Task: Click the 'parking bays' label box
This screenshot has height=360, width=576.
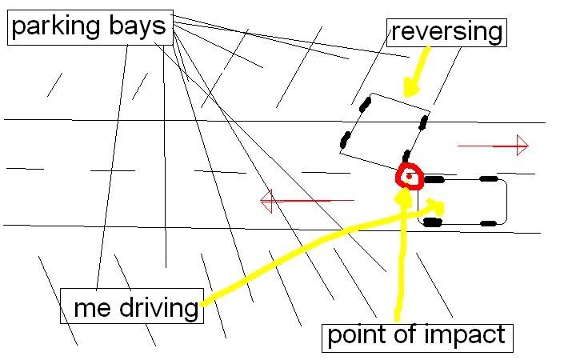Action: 90,27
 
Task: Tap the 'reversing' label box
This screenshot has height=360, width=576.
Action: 447,32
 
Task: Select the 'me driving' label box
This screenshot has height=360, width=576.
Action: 133,307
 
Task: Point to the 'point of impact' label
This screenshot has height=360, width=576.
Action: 416,334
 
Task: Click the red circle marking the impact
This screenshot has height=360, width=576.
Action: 409,176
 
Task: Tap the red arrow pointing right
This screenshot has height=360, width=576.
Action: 493,146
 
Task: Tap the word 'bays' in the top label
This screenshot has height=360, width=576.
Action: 137,27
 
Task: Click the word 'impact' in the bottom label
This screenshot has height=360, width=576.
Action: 467,334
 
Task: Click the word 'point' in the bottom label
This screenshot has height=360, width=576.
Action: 357,334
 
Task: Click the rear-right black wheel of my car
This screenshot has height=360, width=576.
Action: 487,221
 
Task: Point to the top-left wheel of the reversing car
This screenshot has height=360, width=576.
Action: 365,102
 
